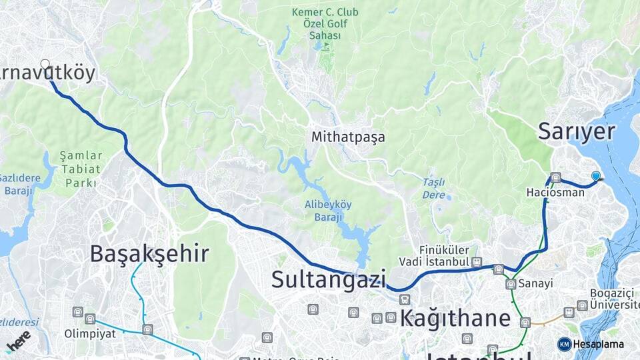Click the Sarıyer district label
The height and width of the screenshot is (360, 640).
576,131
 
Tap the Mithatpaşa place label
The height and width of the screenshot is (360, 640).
348,137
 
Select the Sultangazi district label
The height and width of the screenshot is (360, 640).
329,279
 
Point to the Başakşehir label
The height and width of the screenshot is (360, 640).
149,253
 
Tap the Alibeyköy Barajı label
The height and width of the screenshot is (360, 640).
328,211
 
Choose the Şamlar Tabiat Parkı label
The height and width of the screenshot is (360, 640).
81,169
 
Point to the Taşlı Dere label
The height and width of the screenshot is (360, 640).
433,188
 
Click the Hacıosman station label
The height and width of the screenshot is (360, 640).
555,193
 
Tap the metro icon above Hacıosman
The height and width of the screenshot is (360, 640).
555,177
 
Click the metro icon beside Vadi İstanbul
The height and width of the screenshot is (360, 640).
477,262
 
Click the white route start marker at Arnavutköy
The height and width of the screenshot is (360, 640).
45,64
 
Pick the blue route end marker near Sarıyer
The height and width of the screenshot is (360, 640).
596,176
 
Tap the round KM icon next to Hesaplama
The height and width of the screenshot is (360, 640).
565,344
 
